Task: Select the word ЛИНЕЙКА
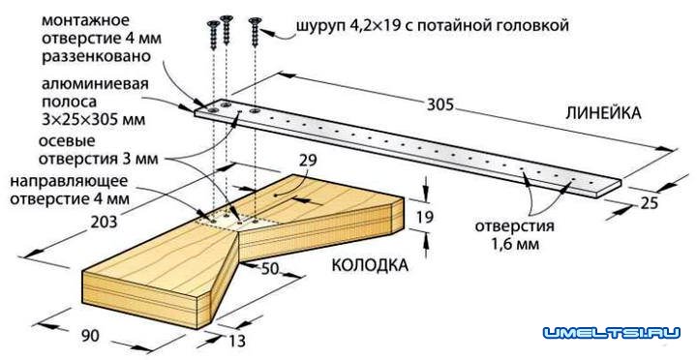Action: [x=604, y=113]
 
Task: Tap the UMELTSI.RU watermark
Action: [x=612, y=334]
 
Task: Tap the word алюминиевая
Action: [x=53, y=84]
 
